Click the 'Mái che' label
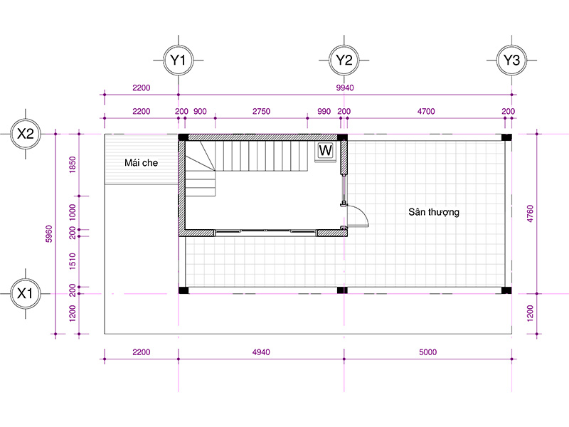(141, 163)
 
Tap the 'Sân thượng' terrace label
(434, 212)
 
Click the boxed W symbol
(326, 150)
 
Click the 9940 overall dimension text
(345, 88)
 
